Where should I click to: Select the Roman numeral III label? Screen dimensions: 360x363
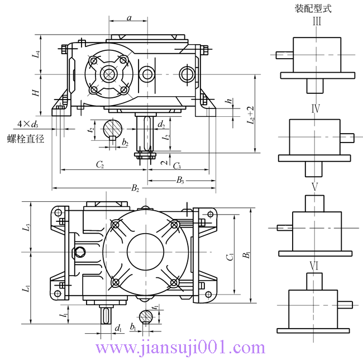pos(317,22)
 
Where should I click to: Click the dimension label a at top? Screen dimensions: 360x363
pos(129,18)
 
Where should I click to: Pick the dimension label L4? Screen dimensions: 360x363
pos(36,55)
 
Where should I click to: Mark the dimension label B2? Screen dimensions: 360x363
pos(135,188)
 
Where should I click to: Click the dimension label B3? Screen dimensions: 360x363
pos(180,179)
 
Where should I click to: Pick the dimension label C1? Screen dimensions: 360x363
pos(230,257)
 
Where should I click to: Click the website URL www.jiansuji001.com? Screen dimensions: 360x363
pos(181,348)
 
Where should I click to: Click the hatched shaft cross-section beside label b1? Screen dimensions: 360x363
pos(146,316)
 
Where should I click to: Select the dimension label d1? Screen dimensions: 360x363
pos(118,328)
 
